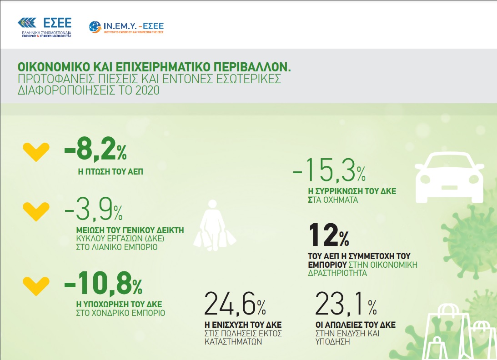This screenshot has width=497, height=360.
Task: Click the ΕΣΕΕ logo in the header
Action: (45, 27)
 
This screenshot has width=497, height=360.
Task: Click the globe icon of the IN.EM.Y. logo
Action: (95, 27)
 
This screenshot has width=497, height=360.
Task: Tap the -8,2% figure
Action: (95, 149)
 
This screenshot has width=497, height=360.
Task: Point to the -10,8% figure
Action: (103, 283)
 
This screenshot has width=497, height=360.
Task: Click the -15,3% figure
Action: (329, 170)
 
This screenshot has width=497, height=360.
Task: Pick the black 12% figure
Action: (329, 235)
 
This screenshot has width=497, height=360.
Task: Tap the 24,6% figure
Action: (235, 304)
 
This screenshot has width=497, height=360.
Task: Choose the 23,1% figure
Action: (346, 304)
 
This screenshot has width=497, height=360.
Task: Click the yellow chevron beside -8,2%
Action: (36, 152)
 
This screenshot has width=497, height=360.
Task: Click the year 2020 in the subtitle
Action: (147, 90)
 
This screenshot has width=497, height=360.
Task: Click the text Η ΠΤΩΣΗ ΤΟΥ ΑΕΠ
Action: (110, 172)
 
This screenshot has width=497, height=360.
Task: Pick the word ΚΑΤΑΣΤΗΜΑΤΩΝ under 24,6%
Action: (233, 342)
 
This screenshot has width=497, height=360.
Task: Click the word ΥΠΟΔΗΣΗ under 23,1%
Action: (332, 342)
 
